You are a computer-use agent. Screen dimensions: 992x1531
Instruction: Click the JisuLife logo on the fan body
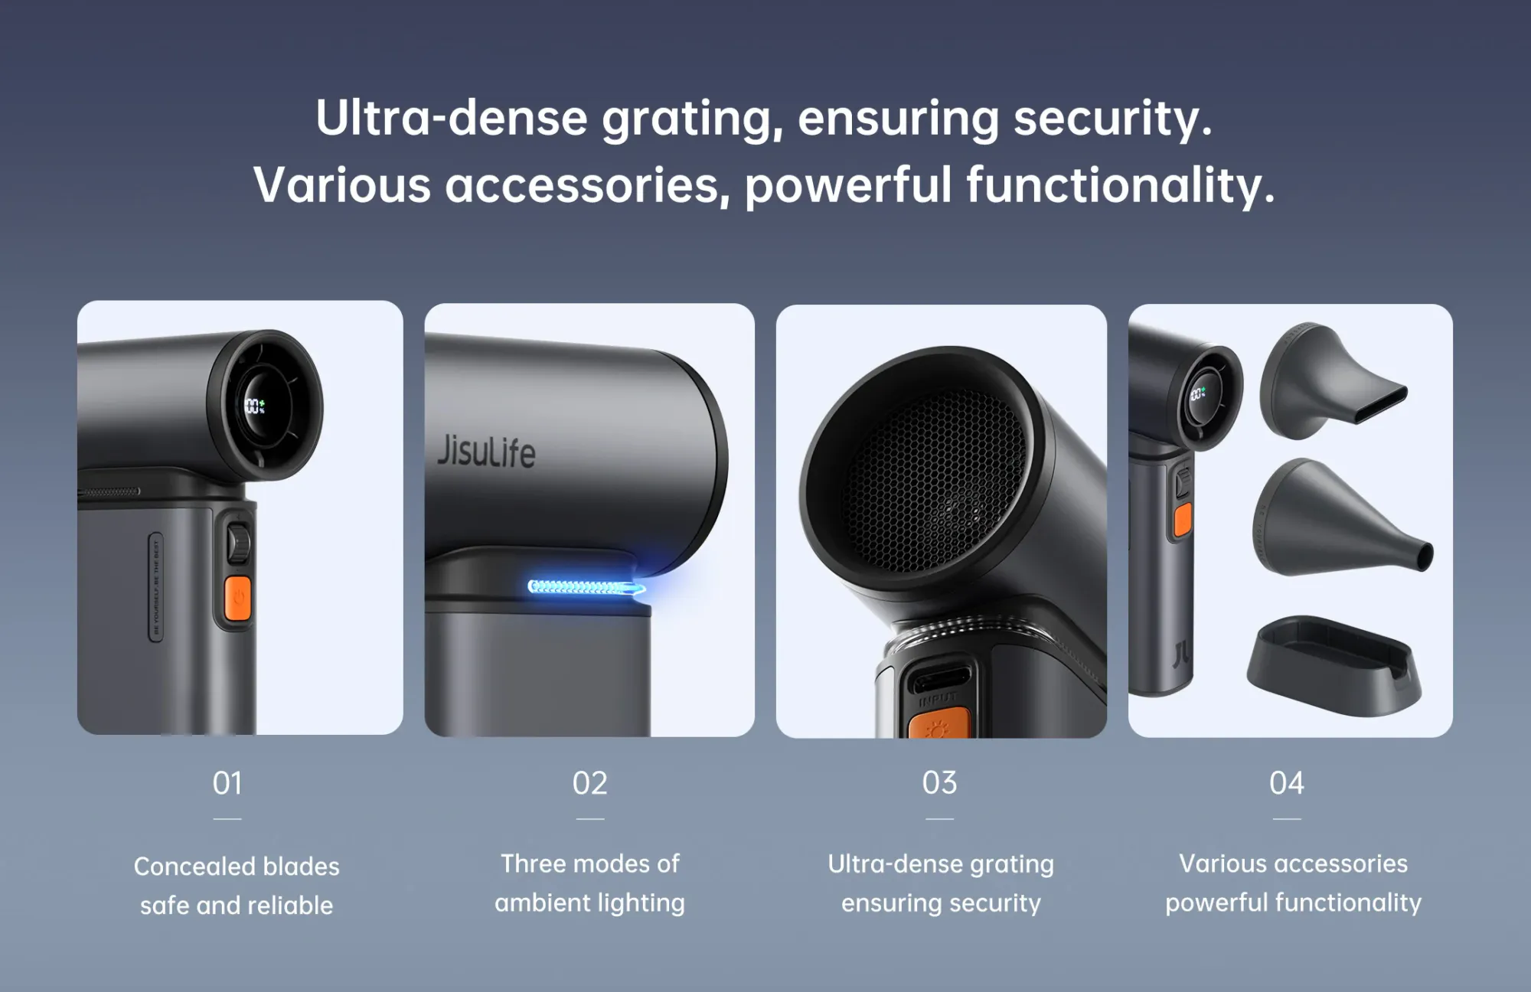(486, 451)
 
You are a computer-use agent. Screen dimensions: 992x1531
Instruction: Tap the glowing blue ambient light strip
(586, 587)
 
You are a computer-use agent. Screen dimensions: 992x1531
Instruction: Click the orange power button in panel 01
(238, 597)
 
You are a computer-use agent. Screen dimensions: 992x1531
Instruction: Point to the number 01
(227, 783)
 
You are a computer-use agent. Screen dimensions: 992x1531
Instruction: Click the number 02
(589, 783)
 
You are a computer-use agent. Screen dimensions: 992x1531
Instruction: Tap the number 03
(939, 783)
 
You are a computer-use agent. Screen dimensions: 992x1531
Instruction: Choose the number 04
(1286, 783)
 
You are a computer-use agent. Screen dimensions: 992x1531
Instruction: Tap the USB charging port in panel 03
(939, 678)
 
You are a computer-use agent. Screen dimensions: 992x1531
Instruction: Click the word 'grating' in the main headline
(693, 119)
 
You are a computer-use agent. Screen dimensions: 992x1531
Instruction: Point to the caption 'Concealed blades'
(237, 866)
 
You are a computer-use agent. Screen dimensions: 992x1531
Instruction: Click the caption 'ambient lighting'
(589, 903)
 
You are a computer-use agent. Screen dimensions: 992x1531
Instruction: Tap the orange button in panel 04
(1183, 520)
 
